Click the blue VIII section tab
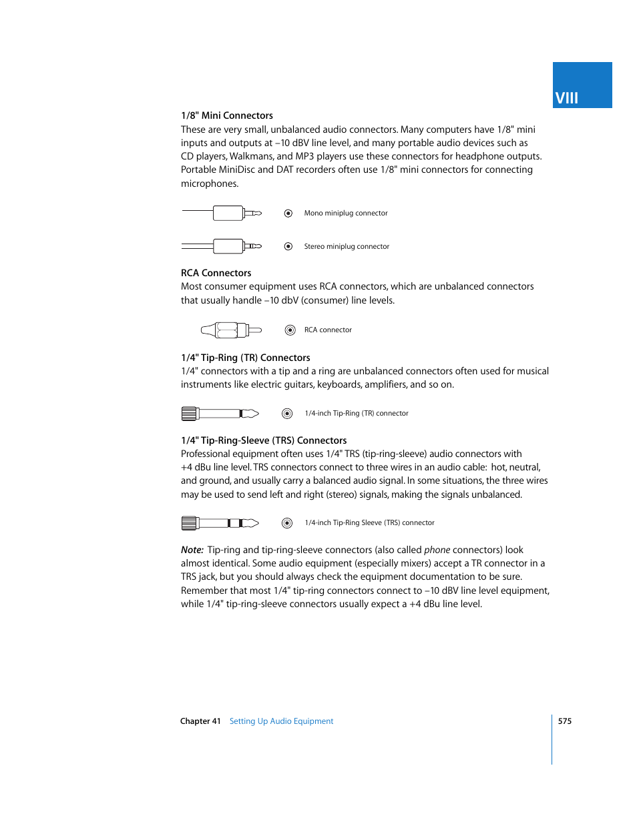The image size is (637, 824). pyautogui.click(x=582, y=85)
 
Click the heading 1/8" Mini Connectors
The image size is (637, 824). pyautogui.click(x=226, y=115)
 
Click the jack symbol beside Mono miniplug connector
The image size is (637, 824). pyautogui.click(x=288, y=214)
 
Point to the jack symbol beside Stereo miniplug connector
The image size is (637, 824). pyautogui.click(x=288, y=246)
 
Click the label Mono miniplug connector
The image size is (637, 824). pyautogui.click(x=345, y=214)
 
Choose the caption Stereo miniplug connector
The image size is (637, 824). pyautogui.click(x=346, y=246)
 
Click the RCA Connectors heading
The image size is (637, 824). pyautogui.click(x=216, y=273)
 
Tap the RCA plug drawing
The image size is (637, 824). pyautogui.click(x=230, y=330)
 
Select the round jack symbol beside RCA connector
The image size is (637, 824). pyautogui.click(x=290, y=330)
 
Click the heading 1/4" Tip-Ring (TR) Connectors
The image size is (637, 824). pyautogui.click(x=245, y=358)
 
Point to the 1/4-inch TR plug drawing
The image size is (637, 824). pyautogui.click(x=220, y=414)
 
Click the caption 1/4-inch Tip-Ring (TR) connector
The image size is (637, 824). pyautogui.click(x=356, y=414)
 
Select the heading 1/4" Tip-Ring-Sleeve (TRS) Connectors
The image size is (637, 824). pyautogui.click(x=264, y=440)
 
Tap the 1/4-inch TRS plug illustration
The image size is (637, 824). pyautogui.click(x=220, y=523)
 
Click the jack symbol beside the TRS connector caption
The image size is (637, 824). pyautogui.click(x=287, y=523)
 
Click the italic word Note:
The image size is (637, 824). pyautogui.click(x=192, y=550)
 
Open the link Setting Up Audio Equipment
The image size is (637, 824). pyautogui.click(x=281, y=721)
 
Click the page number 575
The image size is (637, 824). pyautogui.click(x=565, y=721)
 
